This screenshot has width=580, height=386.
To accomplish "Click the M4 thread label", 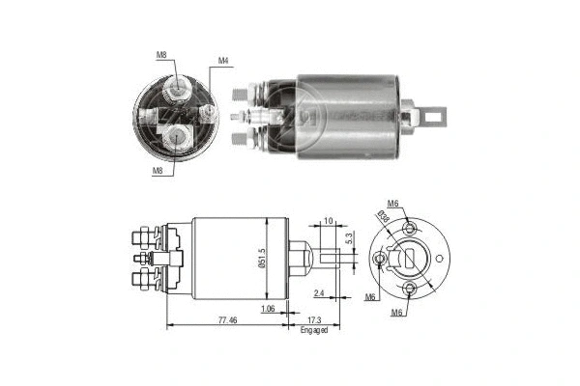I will pyautogui.click(x=223, y=61).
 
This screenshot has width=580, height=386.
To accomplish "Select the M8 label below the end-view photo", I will pyautogui.click(x=157, y=171).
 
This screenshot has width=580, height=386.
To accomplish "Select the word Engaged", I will pyautogui.click(x=314, y=330).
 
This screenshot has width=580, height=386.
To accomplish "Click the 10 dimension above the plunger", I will pyautogui.click(x=330, y=221).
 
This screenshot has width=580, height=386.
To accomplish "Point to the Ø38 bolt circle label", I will pyautogui.click(x=386, y=218).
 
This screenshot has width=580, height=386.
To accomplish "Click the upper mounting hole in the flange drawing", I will pyautogui.click(x=411, y=230).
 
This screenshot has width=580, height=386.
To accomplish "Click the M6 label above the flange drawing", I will pyautogui.click(x=393, y=203).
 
